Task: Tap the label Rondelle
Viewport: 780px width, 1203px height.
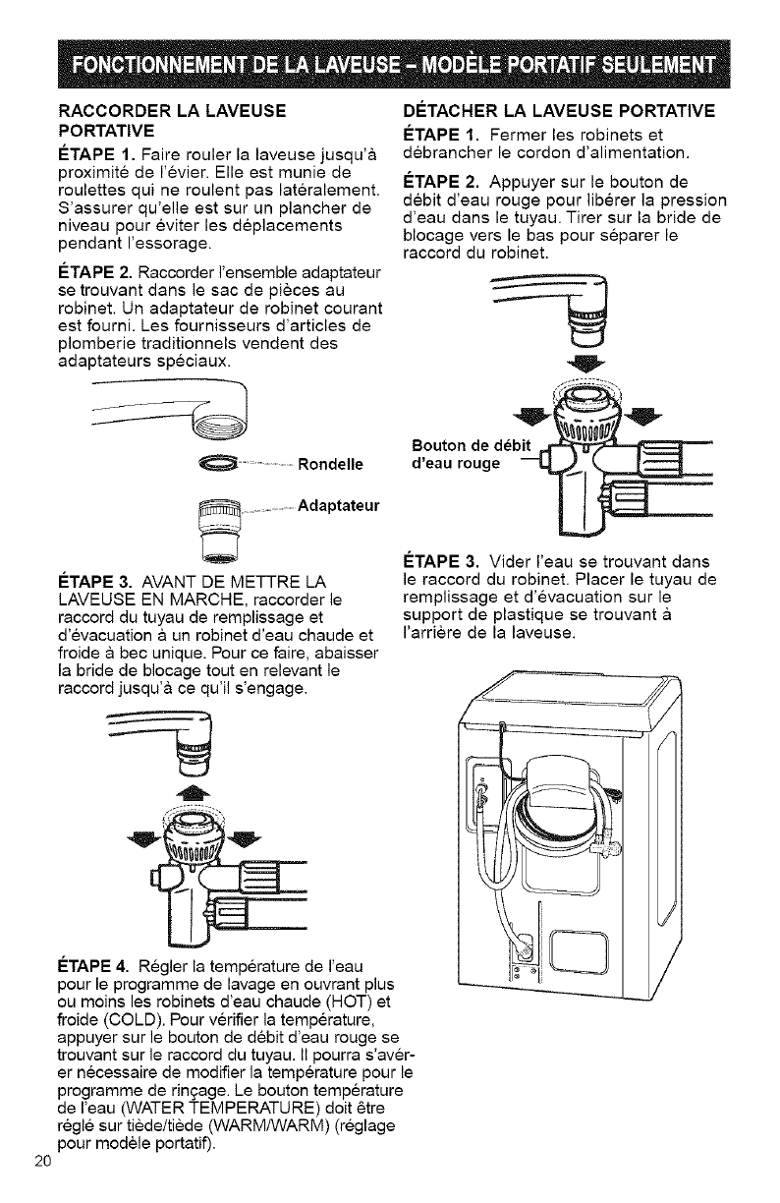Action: click(330, 464)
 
